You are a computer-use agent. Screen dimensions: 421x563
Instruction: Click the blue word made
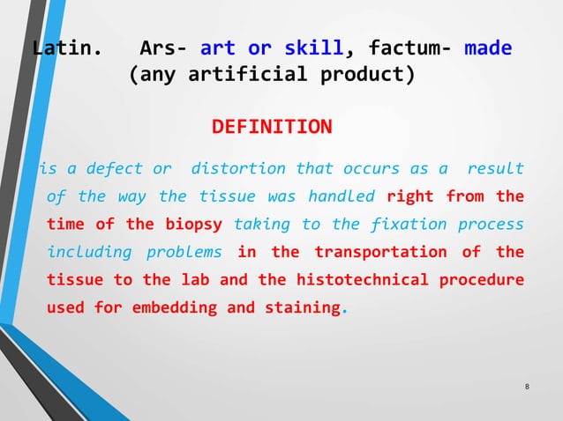[487, 48]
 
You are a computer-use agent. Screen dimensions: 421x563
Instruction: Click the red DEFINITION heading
[272, 128]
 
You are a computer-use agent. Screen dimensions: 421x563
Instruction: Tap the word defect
[117, 168]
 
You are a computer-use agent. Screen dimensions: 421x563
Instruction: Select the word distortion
[238, 168]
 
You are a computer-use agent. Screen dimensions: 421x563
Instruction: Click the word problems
[184, 252]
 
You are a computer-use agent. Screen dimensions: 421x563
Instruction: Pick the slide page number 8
[527, 388]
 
